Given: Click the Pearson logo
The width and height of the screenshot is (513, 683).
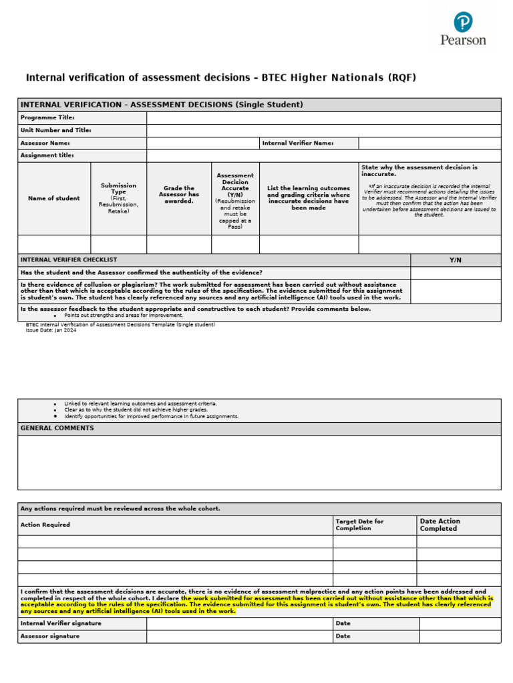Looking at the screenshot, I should (x=463, y=28).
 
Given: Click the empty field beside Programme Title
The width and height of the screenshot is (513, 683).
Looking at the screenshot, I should (x=323, y=118).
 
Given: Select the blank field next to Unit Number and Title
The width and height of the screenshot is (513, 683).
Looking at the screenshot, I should (x=323, y=131).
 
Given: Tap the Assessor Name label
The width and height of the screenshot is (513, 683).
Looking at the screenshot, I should (x=45, y=143).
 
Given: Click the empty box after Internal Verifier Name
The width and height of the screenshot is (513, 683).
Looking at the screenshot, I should (x=430, y=143).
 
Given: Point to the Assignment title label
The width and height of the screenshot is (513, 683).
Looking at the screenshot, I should (x=47, y=156).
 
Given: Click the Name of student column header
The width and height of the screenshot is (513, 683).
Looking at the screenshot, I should (x=53, y=198).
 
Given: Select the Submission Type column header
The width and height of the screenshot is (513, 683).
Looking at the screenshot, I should (x=118, y=198).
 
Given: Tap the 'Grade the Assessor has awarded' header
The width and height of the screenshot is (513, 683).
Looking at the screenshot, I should (x=178, y=195).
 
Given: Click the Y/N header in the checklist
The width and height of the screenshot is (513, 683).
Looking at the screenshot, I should (x=456, y=260).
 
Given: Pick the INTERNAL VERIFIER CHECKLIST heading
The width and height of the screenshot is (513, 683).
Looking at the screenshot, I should (x=69, y=260).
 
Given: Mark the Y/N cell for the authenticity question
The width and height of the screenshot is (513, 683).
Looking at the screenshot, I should (x=456, y=273).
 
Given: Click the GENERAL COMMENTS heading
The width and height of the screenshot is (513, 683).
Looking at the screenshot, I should (x=57, y=428).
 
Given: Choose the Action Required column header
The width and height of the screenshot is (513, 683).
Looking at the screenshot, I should (x=45, y=525).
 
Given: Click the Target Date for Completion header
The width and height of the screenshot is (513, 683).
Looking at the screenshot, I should (x=360, y=525).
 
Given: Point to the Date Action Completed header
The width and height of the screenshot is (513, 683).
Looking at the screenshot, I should (x=440, y=525).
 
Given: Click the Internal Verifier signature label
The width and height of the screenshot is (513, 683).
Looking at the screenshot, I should (x=61, y=624).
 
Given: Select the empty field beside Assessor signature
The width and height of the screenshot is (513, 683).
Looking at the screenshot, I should (x=240, y=636).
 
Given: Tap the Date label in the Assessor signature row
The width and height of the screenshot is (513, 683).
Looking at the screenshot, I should (x=343, y=636).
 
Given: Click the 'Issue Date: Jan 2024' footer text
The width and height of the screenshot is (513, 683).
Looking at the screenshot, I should (x=51, y=330).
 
